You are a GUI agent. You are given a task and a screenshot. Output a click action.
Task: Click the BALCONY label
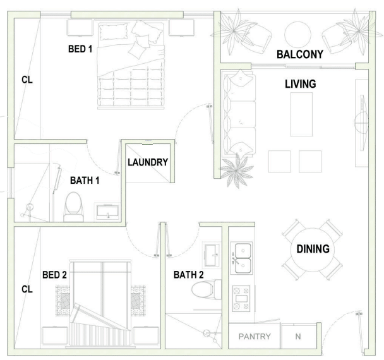300,54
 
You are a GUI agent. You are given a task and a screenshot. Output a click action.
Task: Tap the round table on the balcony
297,35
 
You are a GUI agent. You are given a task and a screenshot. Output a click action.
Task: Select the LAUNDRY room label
148,162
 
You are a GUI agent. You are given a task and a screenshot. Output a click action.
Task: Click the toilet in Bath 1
73,207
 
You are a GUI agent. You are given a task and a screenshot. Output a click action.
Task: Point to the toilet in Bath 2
206,290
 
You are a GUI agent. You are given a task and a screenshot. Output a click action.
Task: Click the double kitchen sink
243,258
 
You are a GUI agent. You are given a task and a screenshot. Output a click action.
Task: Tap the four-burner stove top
241,298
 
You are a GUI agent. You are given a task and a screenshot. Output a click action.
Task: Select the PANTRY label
255,337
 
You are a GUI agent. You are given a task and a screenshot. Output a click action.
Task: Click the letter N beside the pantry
298,337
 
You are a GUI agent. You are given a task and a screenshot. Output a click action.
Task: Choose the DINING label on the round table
313,249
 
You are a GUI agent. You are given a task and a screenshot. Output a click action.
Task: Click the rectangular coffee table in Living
301,114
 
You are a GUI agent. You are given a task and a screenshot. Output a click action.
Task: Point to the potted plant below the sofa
236,170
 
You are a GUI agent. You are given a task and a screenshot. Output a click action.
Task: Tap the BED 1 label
80,49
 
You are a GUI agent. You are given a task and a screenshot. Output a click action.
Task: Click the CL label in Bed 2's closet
27,289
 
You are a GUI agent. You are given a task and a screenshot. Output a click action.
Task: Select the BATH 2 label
188,275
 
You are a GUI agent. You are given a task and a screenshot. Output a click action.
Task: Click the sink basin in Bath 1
108,211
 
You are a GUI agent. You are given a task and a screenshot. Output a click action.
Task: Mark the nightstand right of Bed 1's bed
182,27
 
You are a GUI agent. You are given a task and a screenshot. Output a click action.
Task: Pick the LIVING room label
300,84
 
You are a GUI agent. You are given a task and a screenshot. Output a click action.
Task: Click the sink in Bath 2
212,255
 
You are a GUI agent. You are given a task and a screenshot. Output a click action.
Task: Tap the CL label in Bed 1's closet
27,80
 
